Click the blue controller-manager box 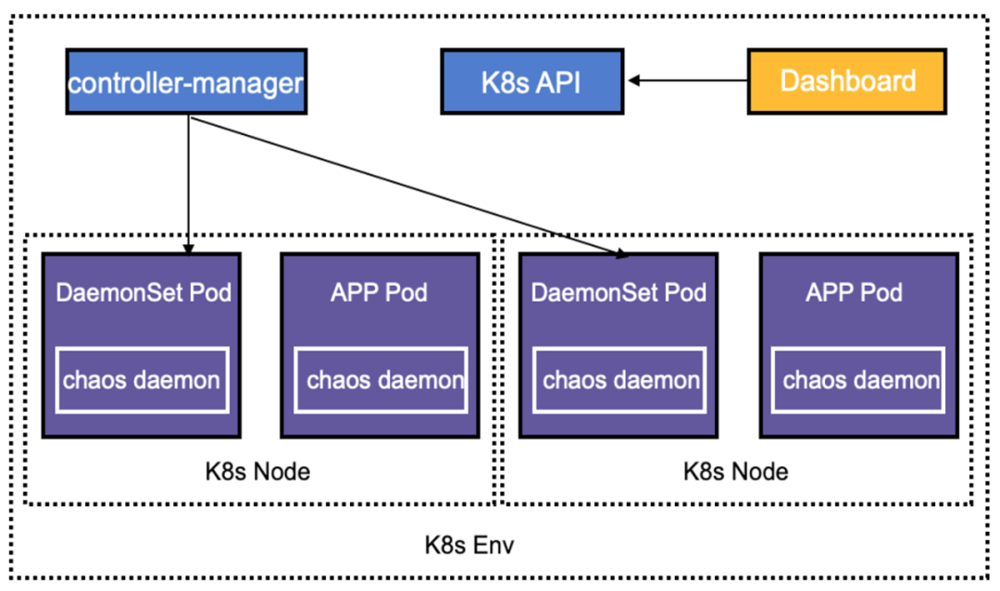point(186,82)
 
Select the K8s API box point(531,81)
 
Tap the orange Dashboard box point(847,81)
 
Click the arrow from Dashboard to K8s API point(690,80)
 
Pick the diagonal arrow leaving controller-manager point(407,185)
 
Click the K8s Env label point(469,545)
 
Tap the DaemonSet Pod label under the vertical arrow point(144,293)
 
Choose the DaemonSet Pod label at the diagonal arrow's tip point(619,293)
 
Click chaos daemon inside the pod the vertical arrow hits point(142,379)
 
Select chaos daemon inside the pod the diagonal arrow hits point(621,379)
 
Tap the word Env point(494,545)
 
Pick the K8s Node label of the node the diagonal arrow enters point(736,471)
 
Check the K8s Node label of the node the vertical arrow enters point(257,471)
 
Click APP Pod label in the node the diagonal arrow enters point(854,293)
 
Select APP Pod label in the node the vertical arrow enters point(379,293)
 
